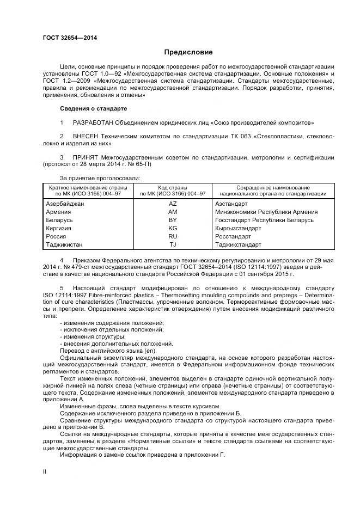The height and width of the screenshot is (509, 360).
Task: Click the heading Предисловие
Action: point(188,52)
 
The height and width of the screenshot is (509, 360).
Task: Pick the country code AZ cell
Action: point(173,204)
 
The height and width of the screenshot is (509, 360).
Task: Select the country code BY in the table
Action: point(173,220)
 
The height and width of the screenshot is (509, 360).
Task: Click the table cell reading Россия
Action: point(57,236)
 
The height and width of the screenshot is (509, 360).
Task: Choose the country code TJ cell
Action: point(173,244)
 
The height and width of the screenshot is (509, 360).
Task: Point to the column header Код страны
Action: point(173,187)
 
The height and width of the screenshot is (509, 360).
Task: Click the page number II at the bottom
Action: point(45,472)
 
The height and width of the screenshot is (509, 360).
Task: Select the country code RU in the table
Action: point(173,236)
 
